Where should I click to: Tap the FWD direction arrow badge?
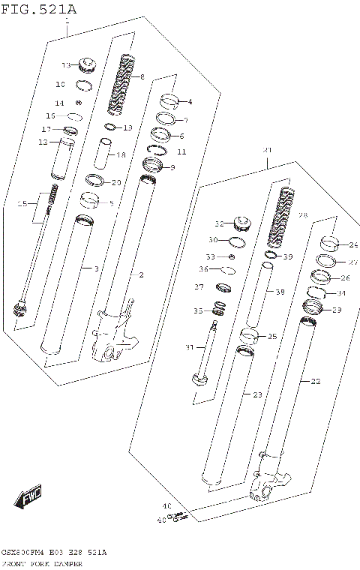(x=29, y=496)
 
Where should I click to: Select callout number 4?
(x=189, y=102)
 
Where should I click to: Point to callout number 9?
(x=172, y=167)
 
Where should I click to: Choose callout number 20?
(x=116, y=182)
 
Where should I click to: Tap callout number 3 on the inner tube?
(x=95, y=268)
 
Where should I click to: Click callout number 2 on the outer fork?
(x=141, y=274)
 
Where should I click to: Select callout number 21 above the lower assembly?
(x=266, y=151)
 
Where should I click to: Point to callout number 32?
(x=220, y=223)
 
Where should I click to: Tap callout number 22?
(x=315, y=381)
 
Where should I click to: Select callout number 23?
(x=257, y=394)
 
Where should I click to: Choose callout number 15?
(x=22, y=204)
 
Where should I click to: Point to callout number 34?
(x=342, y=293)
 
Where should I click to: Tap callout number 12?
(x=43, y=142)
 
